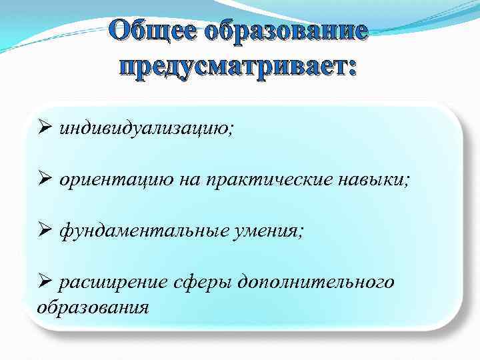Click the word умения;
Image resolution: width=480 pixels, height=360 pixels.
click(x=266, y=231)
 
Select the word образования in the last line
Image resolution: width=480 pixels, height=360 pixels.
click(x=92, y=307)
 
